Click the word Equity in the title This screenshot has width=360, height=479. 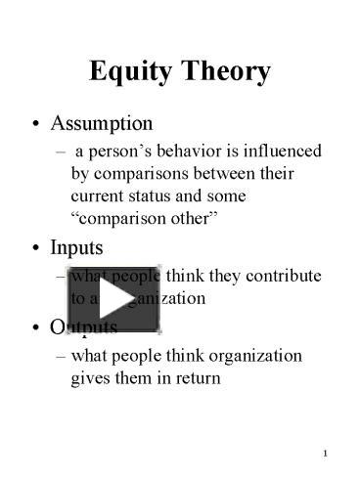coord(127,71)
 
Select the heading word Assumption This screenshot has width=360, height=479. coord(102,124)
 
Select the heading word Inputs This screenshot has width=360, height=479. coord(76,248)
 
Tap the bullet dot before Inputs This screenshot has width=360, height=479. coord(36,249)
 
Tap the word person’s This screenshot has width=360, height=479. coord(120,152)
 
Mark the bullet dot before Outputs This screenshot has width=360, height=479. coord(36,327)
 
